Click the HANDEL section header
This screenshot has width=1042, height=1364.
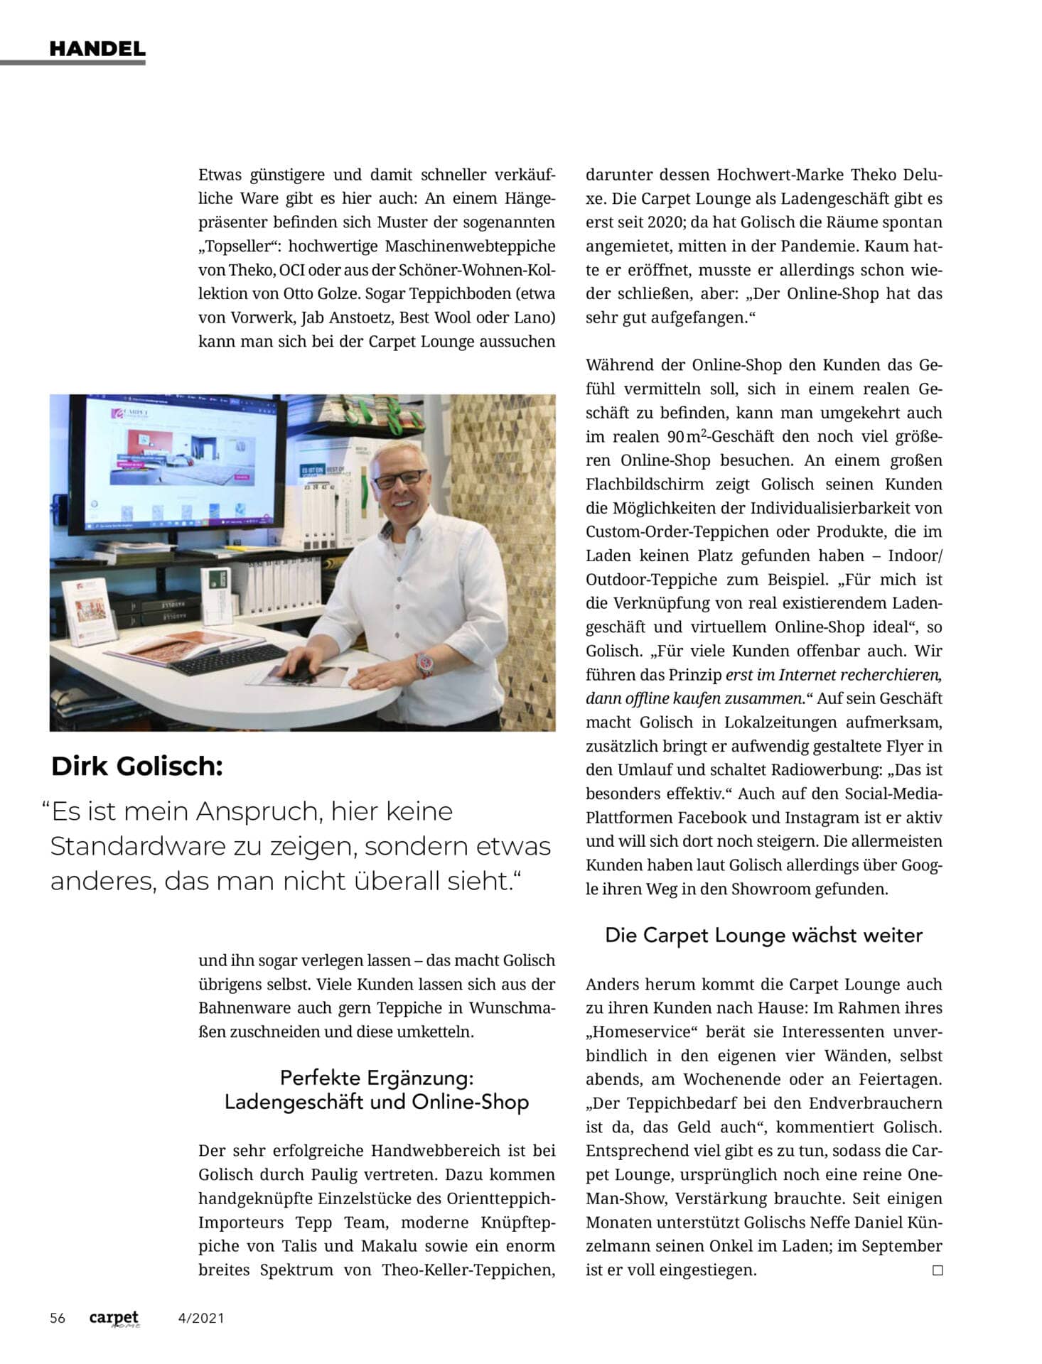[x=97, y=49]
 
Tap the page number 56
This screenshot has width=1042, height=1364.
[x=58, y=1319]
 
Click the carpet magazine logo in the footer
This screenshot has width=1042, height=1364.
[x=114, y=1319]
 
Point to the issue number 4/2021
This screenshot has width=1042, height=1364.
[x=201, y=1319]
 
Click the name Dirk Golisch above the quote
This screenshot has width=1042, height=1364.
[x=137, y=767]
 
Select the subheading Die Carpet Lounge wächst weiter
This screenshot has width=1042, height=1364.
[x=763, y=936]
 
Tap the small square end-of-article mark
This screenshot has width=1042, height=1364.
[x=937, y=1270]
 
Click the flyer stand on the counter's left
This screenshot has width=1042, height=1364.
[x=90, y=611]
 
